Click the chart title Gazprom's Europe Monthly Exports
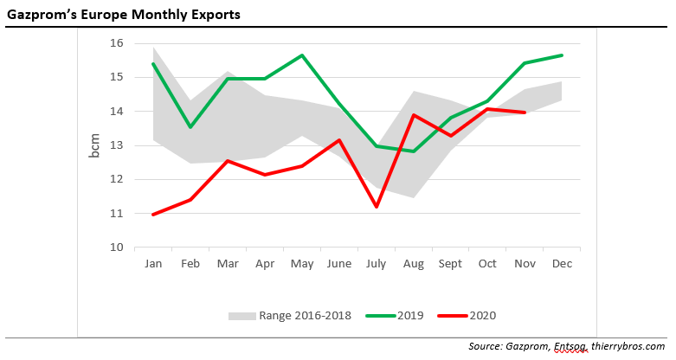click(124, 16)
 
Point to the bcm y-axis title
click(95, 145)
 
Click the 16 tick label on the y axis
click(117, 43)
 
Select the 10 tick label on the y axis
click(117, 247)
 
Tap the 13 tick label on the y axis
click(117, 145)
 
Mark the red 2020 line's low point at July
click(377, 207)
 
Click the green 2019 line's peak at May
click(302, 55)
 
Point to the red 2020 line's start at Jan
click(152, 215)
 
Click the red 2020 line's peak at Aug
click(414, 115)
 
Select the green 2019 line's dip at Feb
click(190, 127)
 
